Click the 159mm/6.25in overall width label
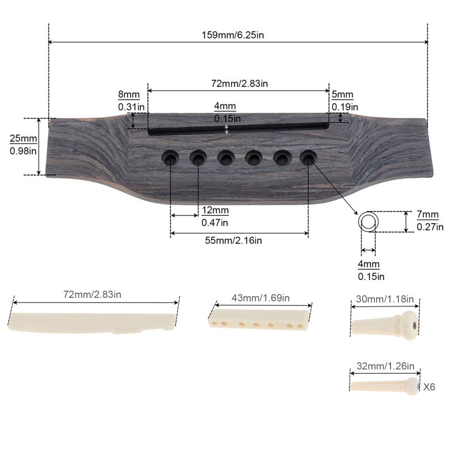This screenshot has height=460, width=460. click(x=233, y=35)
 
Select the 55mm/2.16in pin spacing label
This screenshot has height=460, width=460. click(x=233, y=240)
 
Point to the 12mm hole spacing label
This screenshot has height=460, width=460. click(x=215, y=210)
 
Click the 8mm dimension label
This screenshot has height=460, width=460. click(x=129, y=95)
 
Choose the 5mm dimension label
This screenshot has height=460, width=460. click(x=342, y=95)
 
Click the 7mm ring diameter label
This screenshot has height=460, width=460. click(x=428, y=214)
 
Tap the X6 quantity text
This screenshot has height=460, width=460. click(x=429, y=387)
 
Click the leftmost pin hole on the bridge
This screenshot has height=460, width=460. click(x=170, y=158)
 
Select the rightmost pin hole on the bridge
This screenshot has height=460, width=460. click(x=308, y=158)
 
